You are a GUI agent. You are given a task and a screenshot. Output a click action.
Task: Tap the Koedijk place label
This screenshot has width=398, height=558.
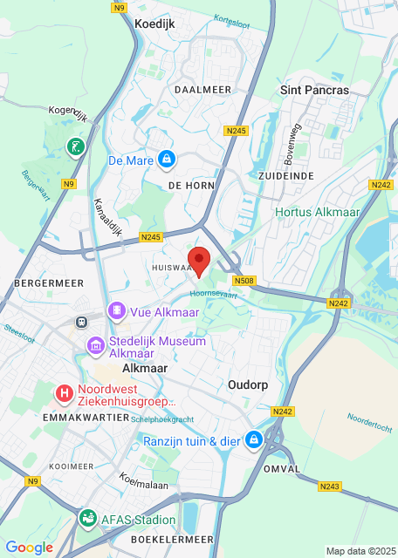154,25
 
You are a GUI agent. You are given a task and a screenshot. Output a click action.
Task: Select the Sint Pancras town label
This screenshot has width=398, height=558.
313,90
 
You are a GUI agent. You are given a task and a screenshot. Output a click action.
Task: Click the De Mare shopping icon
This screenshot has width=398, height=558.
166,160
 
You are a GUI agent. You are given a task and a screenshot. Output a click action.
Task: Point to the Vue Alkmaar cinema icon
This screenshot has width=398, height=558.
116,311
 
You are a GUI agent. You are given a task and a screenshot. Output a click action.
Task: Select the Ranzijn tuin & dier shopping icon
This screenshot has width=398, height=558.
254,440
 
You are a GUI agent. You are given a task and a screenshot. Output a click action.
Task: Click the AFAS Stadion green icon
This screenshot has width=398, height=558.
87,520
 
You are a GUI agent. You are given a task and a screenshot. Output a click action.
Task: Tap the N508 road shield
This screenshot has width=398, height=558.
244,281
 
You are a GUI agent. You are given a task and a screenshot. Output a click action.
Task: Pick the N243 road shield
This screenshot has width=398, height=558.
329,487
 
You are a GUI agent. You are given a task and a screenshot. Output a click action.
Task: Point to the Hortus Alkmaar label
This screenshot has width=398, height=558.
310,212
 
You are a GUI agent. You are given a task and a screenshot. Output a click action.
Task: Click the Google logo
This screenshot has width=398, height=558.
29,547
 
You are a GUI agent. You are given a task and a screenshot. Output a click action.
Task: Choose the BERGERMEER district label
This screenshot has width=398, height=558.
48,283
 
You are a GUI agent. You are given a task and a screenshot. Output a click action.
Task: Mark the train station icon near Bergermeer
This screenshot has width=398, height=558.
81,321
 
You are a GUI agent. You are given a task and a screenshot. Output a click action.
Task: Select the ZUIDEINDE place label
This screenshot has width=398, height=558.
285,175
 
